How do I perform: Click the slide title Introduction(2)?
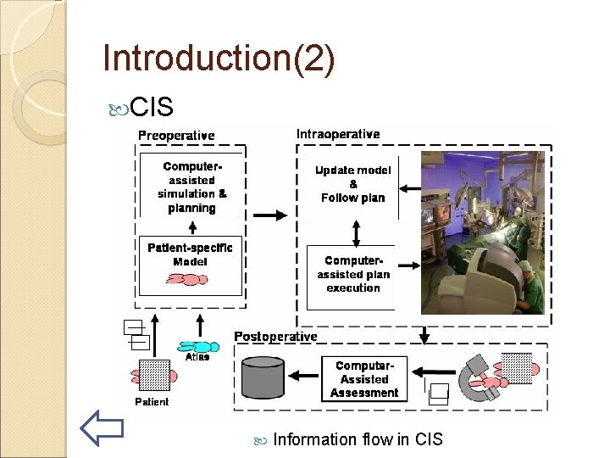[x=219, y=59]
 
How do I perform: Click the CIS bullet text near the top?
[x=152, y=108]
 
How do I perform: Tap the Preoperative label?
[x=176, y=136]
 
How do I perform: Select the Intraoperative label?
[x=338, y=134]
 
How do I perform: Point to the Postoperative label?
[x=275, y=337]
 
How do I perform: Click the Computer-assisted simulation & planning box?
[x=191, y=187]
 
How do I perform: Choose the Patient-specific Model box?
[x=190, y=264]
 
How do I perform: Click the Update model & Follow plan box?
[x=352, y=184]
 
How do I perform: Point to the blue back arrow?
[x=102, y=427]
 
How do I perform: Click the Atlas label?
[x=197, y=357]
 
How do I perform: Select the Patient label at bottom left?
[x=152, y=401]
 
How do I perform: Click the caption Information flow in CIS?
[x=358, y=439]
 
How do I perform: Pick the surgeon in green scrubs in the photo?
[x=530, y=288]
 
